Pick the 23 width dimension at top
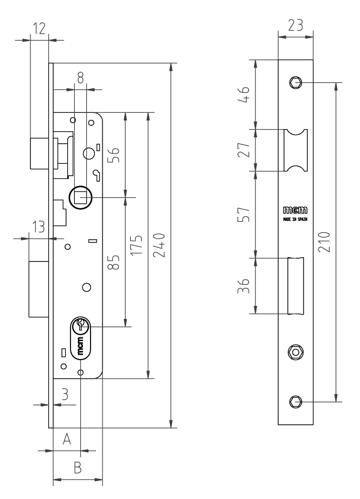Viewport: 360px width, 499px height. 295,25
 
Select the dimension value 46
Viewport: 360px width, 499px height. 245,95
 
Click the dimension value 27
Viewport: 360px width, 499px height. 245,150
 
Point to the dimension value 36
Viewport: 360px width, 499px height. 245,285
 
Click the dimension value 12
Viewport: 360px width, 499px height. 39,28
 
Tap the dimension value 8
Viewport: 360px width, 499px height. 80,78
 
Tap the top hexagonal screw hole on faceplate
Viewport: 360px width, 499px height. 295,82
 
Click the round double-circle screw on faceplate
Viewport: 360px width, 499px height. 295,352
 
